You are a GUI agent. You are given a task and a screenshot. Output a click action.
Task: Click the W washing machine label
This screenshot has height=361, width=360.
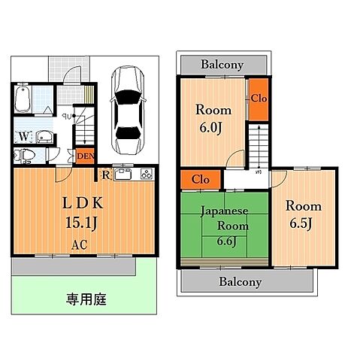(x=24, y=136)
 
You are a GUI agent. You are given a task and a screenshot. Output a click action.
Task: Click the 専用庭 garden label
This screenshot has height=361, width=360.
(x=85, y=299)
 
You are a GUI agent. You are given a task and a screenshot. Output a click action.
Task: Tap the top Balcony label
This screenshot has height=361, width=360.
(x=222, y=65)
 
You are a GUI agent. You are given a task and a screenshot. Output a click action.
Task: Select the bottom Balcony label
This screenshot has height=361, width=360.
(x=241, y=282)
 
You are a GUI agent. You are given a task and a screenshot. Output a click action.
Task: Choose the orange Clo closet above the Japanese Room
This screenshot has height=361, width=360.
(x=201, y=180)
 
